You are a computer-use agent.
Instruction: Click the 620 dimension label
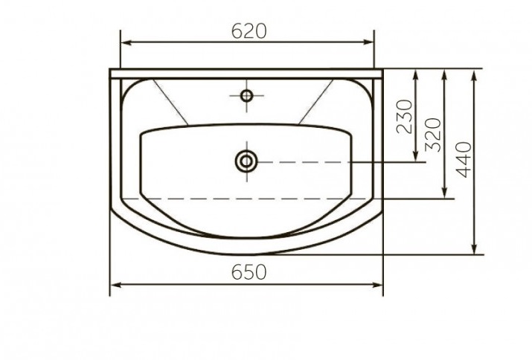tap(249, 31)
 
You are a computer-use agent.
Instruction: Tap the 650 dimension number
tap(249, 272)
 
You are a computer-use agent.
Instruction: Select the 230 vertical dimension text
tap(405, 117)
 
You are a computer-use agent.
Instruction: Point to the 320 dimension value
tap(433, 135)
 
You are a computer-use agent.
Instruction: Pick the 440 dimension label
tap(464, 159)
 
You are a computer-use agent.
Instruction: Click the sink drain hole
tap(247, 161)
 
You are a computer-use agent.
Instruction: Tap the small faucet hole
tap(247, 96)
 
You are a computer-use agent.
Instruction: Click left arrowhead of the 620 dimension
tap(126, 42)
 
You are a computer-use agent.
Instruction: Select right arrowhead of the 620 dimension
tap(368, 42)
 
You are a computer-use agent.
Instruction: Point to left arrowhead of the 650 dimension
tap(116, 285)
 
